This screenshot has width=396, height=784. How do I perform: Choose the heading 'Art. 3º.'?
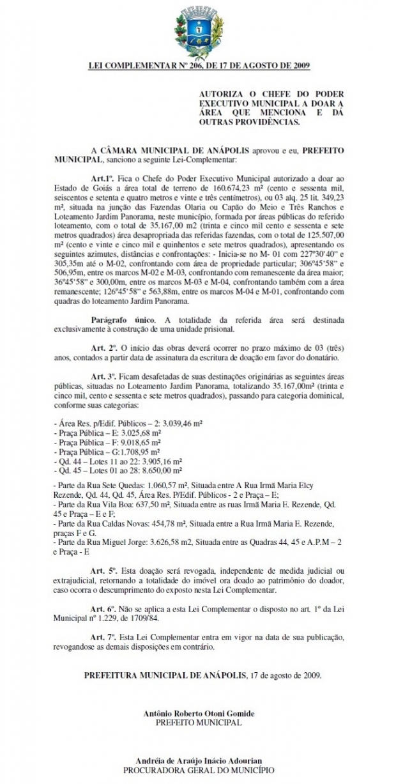(105, 377)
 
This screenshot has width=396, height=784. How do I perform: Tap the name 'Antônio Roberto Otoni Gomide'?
(199, 713)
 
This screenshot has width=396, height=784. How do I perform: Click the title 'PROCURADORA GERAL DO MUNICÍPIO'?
(199, 771)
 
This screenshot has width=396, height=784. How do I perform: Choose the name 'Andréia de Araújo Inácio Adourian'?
(199, 762)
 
